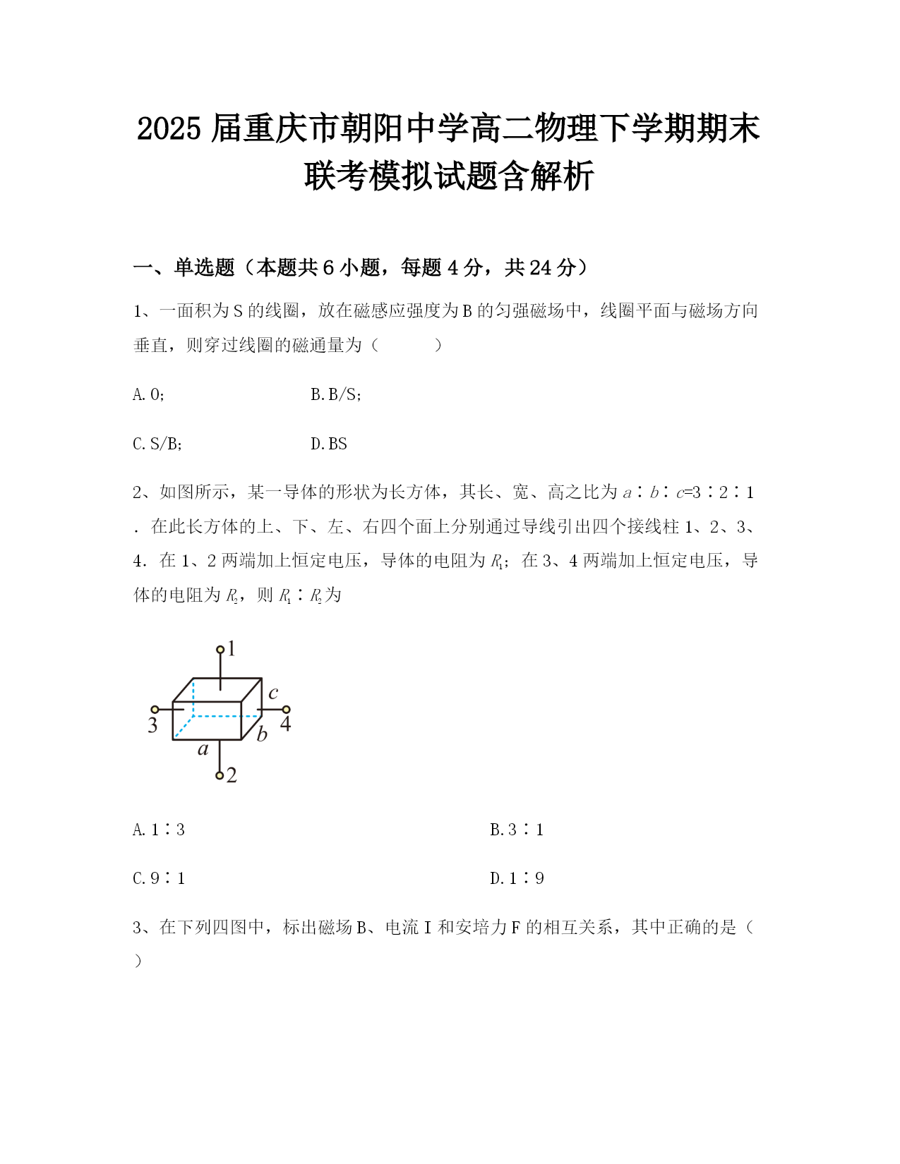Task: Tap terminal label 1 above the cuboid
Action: (232, 648)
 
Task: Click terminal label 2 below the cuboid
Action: (232, 775)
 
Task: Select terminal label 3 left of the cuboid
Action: (152, 725)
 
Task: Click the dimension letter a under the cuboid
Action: (203, 749)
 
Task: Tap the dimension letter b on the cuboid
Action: (262, 734)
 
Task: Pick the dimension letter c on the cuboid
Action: (273, 693)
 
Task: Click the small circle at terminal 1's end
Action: (220, 649)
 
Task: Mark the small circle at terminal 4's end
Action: (286, 710)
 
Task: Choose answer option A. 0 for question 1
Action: (148, 394)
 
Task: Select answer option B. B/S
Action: (336, 394)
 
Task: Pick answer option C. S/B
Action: (157, 444)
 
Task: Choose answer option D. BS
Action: (329, 444)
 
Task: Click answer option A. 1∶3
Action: (159, 830)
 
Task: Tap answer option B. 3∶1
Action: (517, 830)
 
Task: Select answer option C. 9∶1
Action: (159, 878)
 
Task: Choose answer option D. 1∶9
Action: (517, 878)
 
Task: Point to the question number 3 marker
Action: (138, 927)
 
